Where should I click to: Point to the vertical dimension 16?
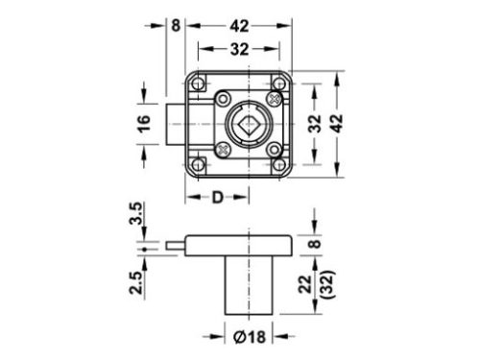pyautogui.click(x=145, y=124)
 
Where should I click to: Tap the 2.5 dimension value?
pyautogui.click(x=136, y=284)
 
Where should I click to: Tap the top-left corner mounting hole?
pyautogui.click(x=199, y=84)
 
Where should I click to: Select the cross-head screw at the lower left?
pyautogui.click(x=224, y=148)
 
